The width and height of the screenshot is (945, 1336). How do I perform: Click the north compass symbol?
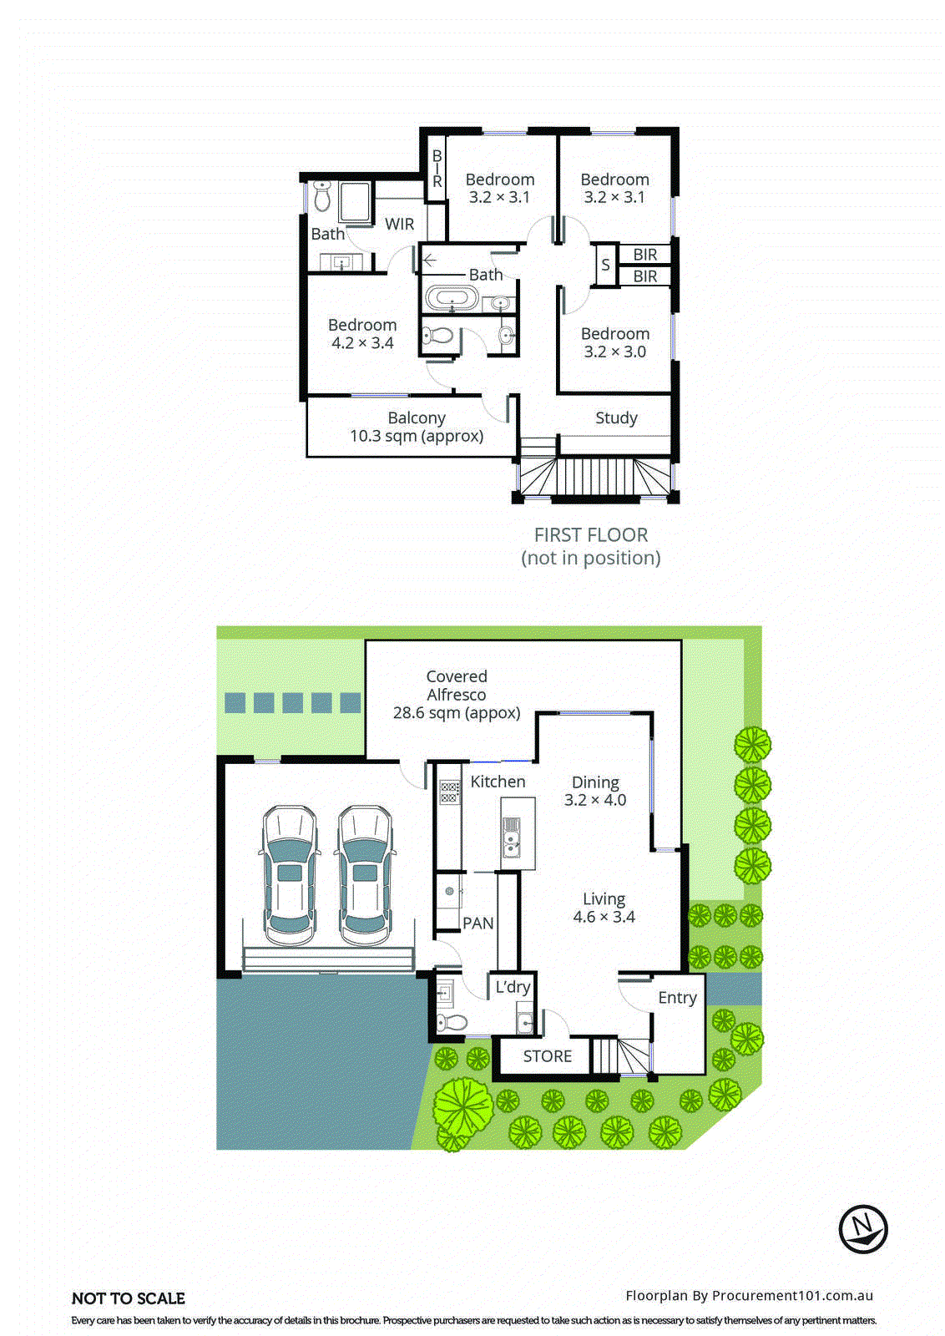[x=862, y=1229]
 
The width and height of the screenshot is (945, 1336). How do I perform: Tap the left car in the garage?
[x=288, y=870]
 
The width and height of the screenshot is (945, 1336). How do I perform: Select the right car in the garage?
[x=365, y=870]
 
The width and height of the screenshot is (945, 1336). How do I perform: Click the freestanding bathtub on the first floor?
[x=452, y=298]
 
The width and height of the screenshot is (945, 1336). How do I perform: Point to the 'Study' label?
[x=616, y=418]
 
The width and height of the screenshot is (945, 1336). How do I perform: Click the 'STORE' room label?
[x=547, y=1056]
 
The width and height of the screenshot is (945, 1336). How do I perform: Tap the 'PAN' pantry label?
[x=478, y=924]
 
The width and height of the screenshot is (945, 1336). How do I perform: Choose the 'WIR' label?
[x=399, y=224]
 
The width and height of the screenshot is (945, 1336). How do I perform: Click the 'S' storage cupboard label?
[x=605, y=265]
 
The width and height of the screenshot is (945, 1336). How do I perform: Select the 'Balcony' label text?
[x=417, y=417]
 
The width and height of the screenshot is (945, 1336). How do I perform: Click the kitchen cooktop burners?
[x=449, y=792]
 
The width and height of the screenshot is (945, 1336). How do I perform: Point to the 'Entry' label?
[x=677, y=998]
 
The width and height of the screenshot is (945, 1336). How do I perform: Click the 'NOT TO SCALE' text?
[x=129, y=1298]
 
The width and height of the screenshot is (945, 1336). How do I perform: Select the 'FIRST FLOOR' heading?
[x=591, y=535]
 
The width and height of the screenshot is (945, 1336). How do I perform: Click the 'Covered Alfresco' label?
[x=457, y=686]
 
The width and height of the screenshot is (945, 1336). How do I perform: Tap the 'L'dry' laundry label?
[x=513, y=987]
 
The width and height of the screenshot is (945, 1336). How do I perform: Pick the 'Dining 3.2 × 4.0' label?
[x=595, y=791]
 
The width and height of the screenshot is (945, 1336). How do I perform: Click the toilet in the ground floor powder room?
[x=451, y=1023]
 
